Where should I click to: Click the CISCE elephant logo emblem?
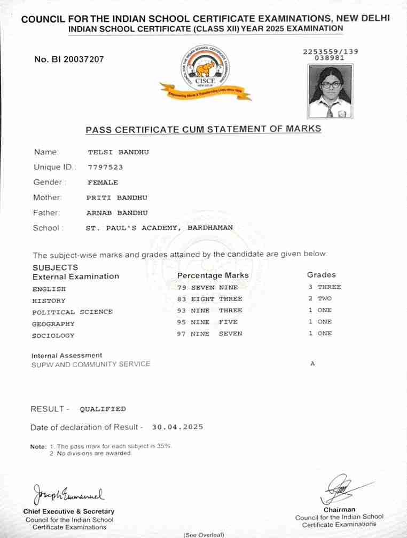coord(205,70)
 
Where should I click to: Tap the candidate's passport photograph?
coord(330,91)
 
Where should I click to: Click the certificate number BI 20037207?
coord(69,59)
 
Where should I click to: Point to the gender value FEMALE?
coord(103,183)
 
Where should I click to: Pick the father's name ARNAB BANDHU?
coord(117,212)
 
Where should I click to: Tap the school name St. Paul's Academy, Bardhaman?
coord(159,228)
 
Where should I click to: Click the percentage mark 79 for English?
coord(181,287)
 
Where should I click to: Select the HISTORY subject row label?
coord(49,300)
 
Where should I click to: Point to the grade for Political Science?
coord(319,310)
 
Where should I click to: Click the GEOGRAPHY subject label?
coord(53,324)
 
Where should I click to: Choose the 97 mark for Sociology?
coord(181,334)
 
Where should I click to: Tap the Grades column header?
coord(321,275)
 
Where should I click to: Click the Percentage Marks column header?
coord(213,275)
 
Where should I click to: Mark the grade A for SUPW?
coord(312,363)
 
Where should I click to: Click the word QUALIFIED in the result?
coord(103,409)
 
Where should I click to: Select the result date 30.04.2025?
coord(177,427)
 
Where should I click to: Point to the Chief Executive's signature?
coord(68,493)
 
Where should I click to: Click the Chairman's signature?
coord(339,487)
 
